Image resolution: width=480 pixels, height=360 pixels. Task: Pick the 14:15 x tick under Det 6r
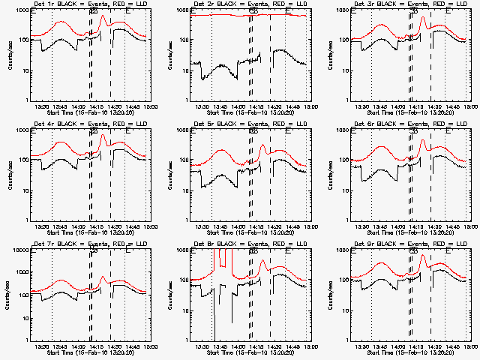click(x=415, y=226)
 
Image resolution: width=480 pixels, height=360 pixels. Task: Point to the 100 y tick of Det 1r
click(x=23, y=40)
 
